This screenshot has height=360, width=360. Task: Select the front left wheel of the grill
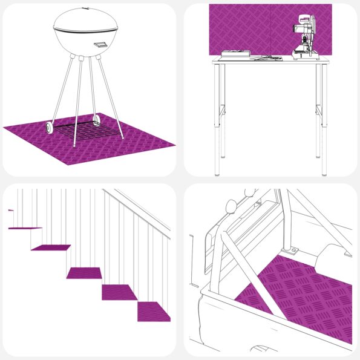click(x=49, y=128)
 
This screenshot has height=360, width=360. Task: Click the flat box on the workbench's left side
click(x=235, y=54)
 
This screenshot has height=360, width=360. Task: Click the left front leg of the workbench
click(x=220, y=121)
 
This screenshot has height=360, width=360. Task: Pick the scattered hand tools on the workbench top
click(x=266, y=58)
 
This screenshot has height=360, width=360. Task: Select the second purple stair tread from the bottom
click(x=119, y=292)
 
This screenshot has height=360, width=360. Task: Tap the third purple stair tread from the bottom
click(x=85, y=273)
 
